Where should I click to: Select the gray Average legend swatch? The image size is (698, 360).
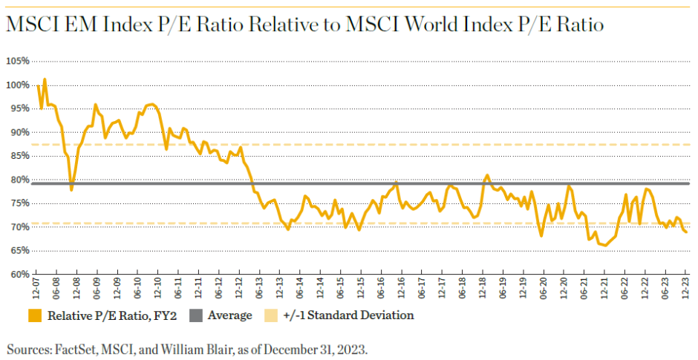click(x=197, y=315)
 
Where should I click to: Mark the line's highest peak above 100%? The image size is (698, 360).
click(x=45, y=79)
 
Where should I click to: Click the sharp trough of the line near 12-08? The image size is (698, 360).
click(x=71, y=190)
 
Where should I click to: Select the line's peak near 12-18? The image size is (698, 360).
click(x=487, y=175)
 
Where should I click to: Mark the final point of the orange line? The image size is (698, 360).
click(x=686, y=232)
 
